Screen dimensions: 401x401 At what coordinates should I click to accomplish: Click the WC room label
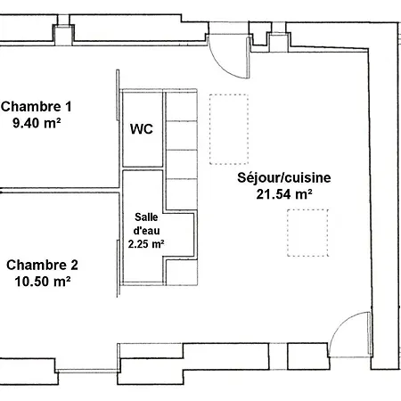[142, 129]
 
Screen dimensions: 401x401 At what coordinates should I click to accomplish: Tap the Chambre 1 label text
[37, 107]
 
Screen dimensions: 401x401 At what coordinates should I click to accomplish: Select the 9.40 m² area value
[37, 123]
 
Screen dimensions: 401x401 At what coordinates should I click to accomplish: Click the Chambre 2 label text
[42, 265]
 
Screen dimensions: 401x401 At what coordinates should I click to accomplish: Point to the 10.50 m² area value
[43, 281]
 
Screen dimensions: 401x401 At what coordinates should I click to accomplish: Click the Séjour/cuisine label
[284, 177]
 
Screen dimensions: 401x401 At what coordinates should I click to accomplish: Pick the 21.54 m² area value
[284, 194]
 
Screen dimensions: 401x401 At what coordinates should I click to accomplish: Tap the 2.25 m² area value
[146, 244]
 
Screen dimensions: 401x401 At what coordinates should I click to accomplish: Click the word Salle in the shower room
[146, 217]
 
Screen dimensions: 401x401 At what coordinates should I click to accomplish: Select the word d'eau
[146, 231]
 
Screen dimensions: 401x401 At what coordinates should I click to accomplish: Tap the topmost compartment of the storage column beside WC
[181, 106]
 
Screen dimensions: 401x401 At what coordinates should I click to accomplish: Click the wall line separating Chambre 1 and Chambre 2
[60, 191]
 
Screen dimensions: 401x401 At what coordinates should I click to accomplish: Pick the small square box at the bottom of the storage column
[181, 272]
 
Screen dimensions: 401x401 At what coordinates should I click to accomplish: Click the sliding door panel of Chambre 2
[118, 268]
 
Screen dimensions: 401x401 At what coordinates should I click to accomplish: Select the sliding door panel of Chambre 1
[118, 95]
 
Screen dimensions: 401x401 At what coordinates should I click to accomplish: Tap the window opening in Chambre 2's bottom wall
[86, 371]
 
